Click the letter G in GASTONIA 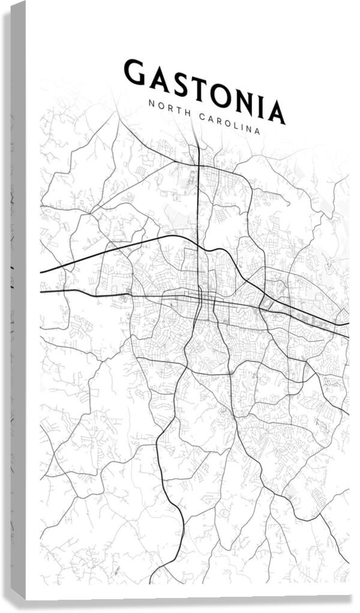[x=134, y=71]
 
